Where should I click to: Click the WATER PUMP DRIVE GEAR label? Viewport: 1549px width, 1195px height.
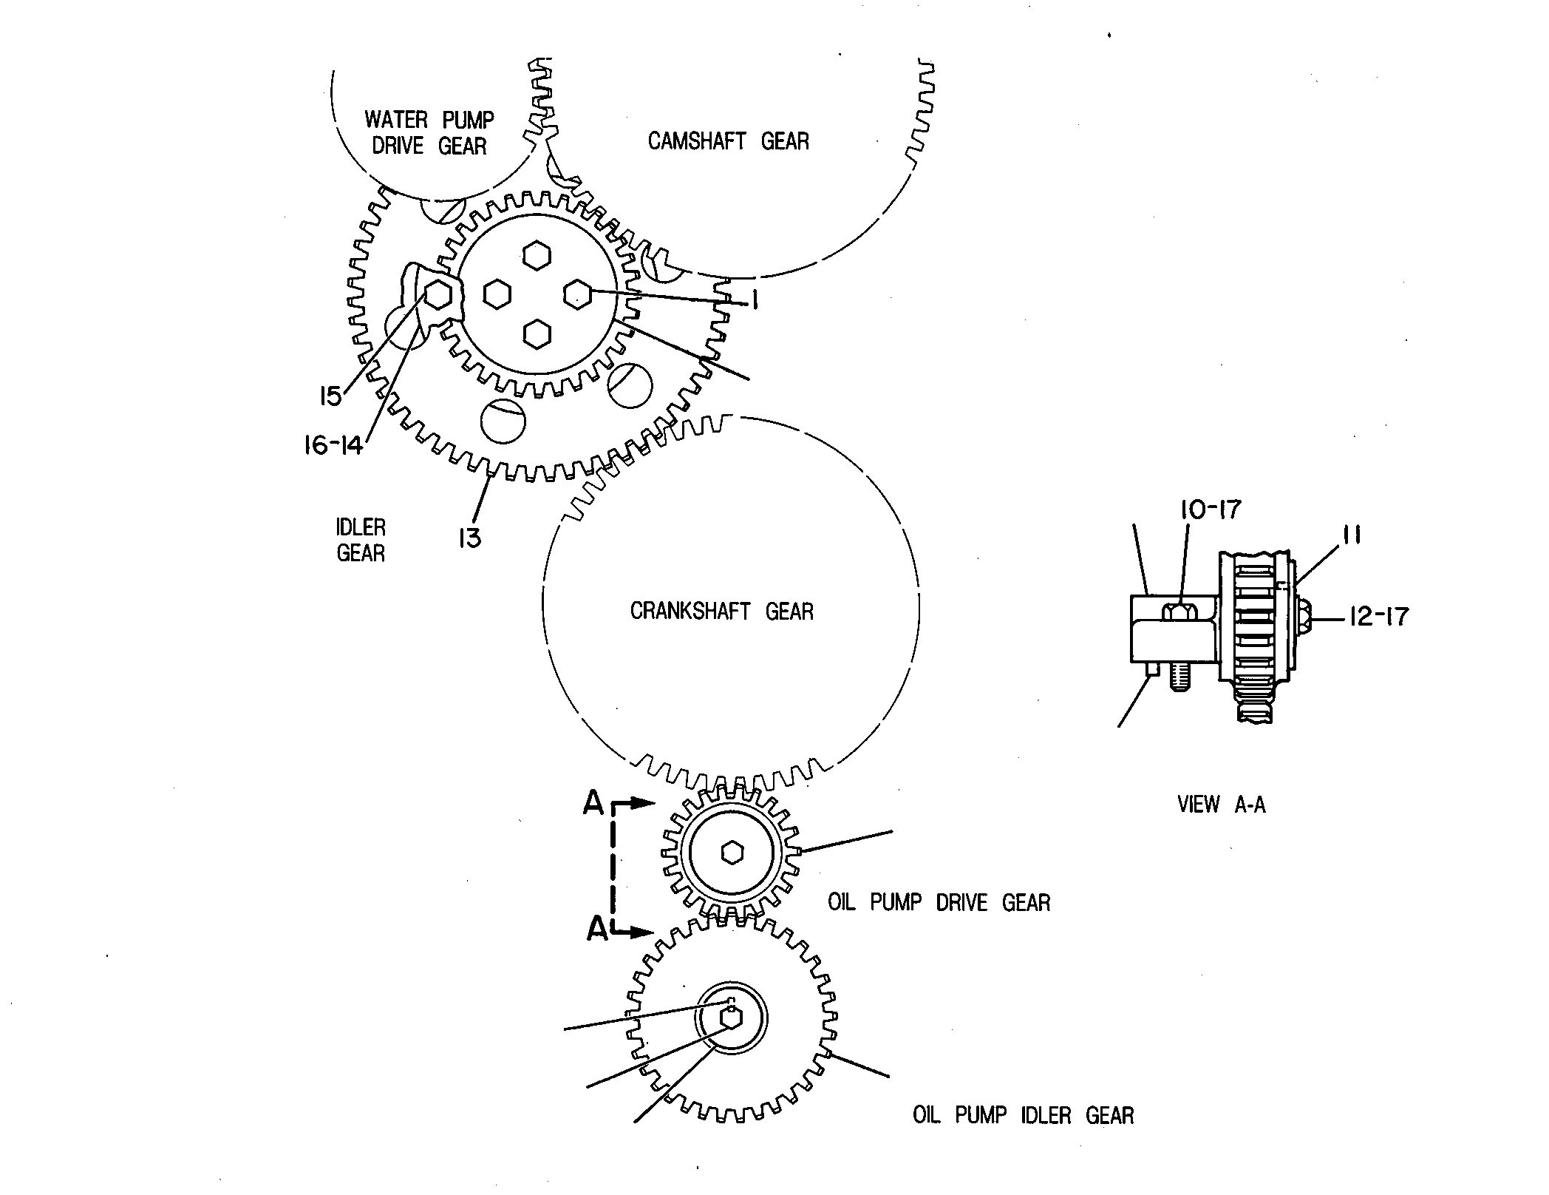click(x=429, y=132)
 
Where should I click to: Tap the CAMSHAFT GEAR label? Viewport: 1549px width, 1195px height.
click(x=729, y=141)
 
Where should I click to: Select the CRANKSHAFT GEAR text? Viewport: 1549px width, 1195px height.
click(x=722, y=611)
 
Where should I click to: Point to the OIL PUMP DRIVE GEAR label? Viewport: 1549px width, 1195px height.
click(x=939, y=902)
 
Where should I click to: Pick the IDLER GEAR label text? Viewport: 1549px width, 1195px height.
click(x=361, y=541)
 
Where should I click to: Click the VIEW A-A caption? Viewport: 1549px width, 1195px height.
click(x=1222, y=805)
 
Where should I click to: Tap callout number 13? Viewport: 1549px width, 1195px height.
click(x=470, y=538)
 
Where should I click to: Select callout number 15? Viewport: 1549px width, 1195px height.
click(x=330, y=396)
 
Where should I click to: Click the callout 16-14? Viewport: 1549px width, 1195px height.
click(x=333, y=445)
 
